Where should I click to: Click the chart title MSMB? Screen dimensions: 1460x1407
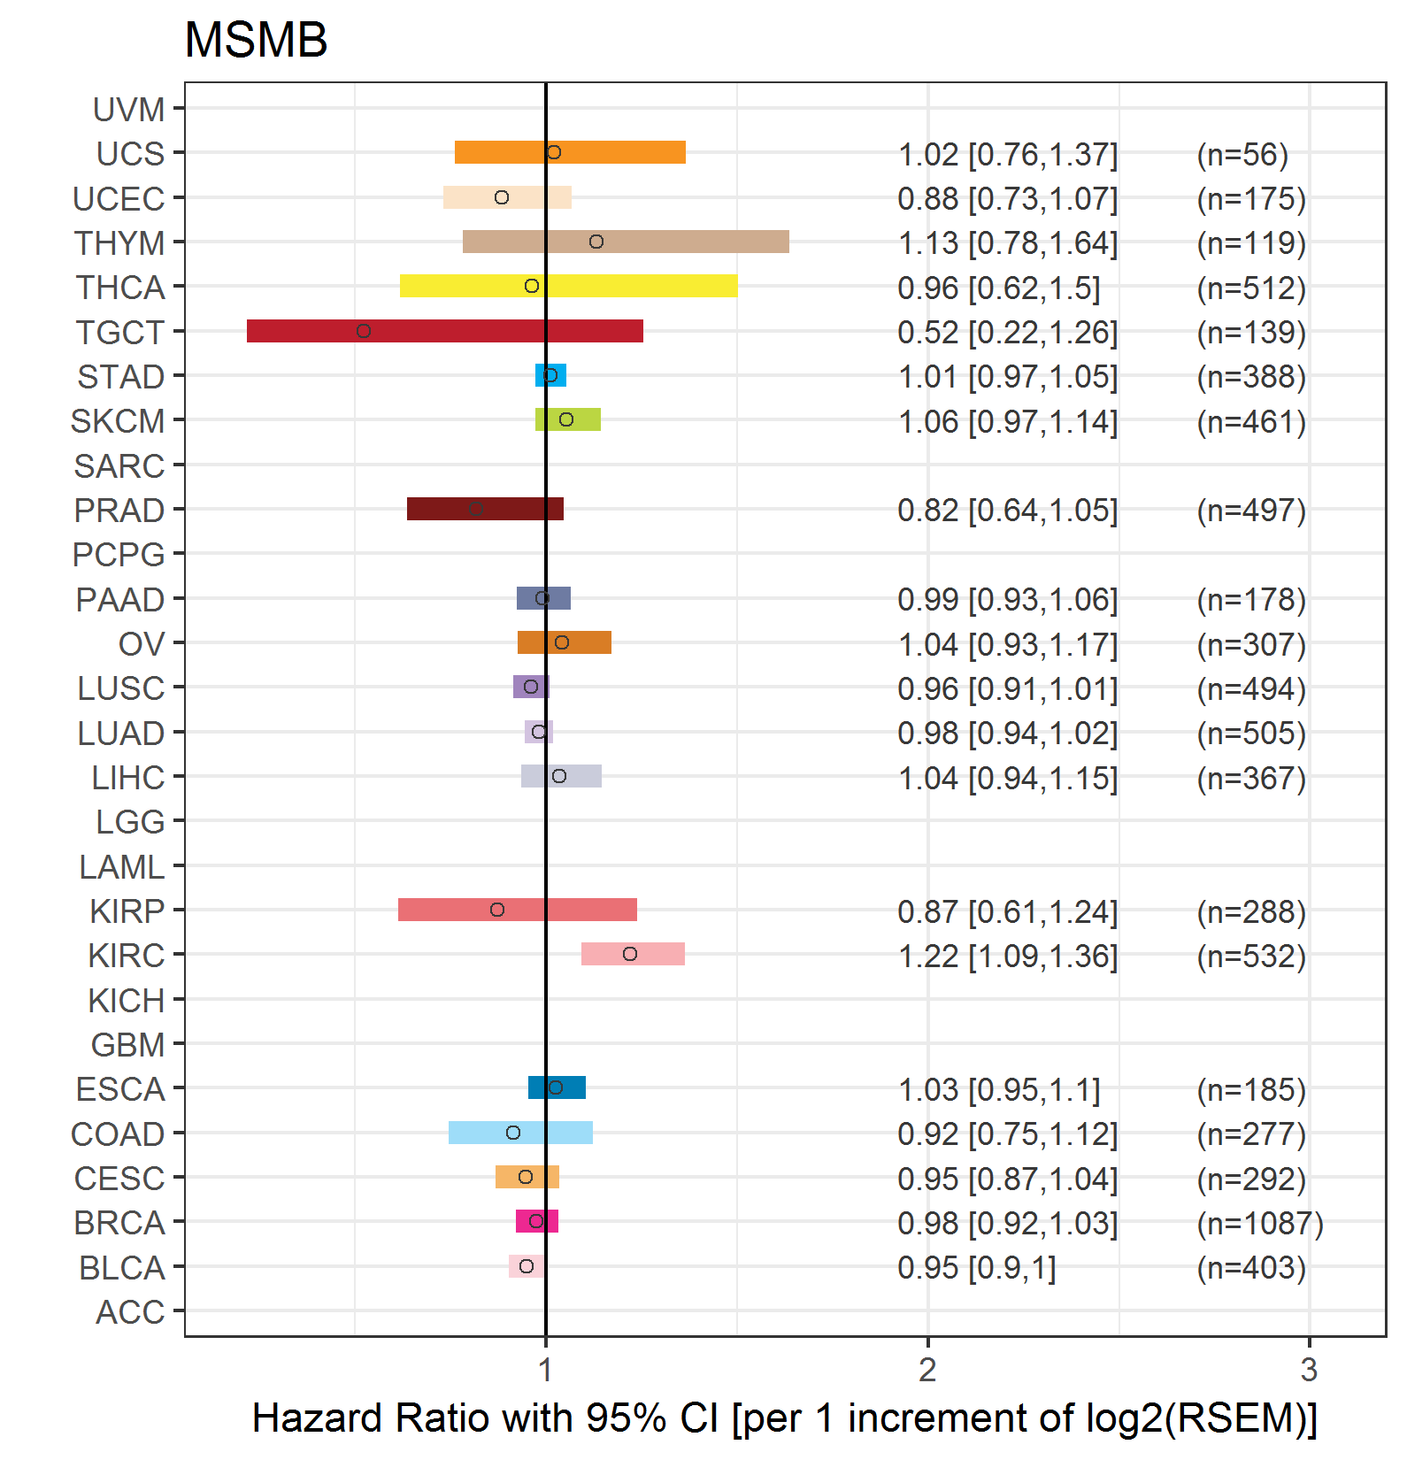click(x=256, y=41)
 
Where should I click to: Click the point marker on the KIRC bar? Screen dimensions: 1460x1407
click(x=630, y=954)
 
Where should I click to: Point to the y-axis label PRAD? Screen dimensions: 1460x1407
click(x=119, y=511)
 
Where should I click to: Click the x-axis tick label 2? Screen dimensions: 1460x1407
click(x=927, y=1370)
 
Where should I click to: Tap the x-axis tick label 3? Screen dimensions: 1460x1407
click(x=1309, y=1370)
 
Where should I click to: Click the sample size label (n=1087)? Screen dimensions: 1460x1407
click(x=1259, y=1224)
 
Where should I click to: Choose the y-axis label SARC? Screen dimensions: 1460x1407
click(x=119, y=466)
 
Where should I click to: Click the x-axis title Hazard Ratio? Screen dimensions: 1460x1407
click(x=784, y=1418)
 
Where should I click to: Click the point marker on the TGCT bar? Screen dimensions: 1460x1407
click(x=364, y=331)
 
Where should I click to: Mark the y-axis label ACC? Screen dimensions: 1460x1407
click(x=130, y=1312)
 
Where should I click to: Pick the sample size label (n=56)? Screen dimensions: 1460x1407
click(x=1242, y=155)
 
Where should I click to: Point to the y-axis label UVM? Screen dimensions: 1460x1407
click(x=129, y=110)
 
